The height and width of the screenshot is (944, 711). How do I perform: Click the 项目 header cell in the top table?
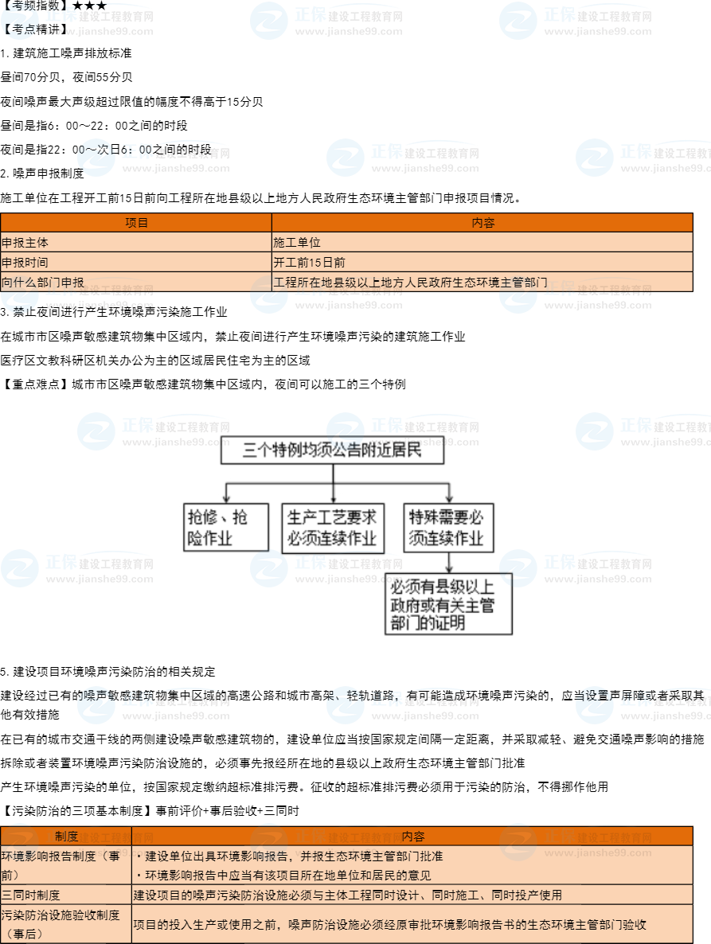[136, 223]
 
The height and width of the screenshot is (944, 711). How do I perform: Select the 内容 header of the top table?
[482, 223]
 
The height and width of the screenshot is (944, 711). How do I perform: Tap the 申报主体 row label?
[136, 242]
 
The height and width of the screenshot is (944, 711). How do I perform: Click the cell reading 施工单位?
[482, 242]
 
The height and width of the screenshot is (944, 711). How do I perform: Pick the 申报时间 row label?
[136, 262]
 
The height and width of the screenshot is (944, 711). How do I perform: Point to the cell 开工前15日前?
[482, 262]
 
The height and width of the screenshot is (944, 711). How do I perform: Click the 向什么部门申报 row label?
[136, 282]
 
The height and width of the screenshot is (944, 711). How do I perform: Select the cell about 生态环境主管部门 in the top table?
[482, 282]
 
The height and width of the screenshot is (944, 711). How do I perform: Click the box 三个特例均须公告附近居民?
[332, 451]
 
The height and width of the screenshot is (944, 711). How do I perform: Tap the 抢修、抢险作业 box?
[226, 527]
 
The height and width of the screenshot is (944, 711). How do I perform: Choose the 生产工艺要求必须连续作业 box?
[333, 527]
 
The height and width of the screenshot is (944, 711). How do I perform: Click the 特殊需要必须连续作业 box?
[447, 527]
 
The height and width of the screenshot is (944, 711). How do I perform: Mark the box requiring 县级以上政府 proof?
[449, 604]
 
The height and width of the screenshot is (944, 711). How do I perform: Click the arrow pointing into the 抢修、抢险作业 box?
[226, 491]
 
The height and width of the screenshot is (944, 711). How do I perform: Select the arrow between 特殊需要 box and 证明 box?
[449, 562]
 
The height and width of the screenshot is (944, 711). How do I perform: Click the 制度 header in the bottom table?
[66, 837]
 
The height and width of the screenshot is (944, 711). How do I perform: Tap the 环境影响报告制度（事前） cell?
[66, 865]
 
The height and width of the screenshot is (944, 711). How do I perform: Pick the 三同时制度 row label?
[66, 895]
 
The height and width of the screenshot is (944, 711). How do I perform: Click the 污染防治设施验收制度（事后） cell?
[66, 924]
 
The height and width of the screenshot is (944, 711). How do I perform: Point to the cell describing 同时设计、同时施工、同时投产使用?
[412, 895]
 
